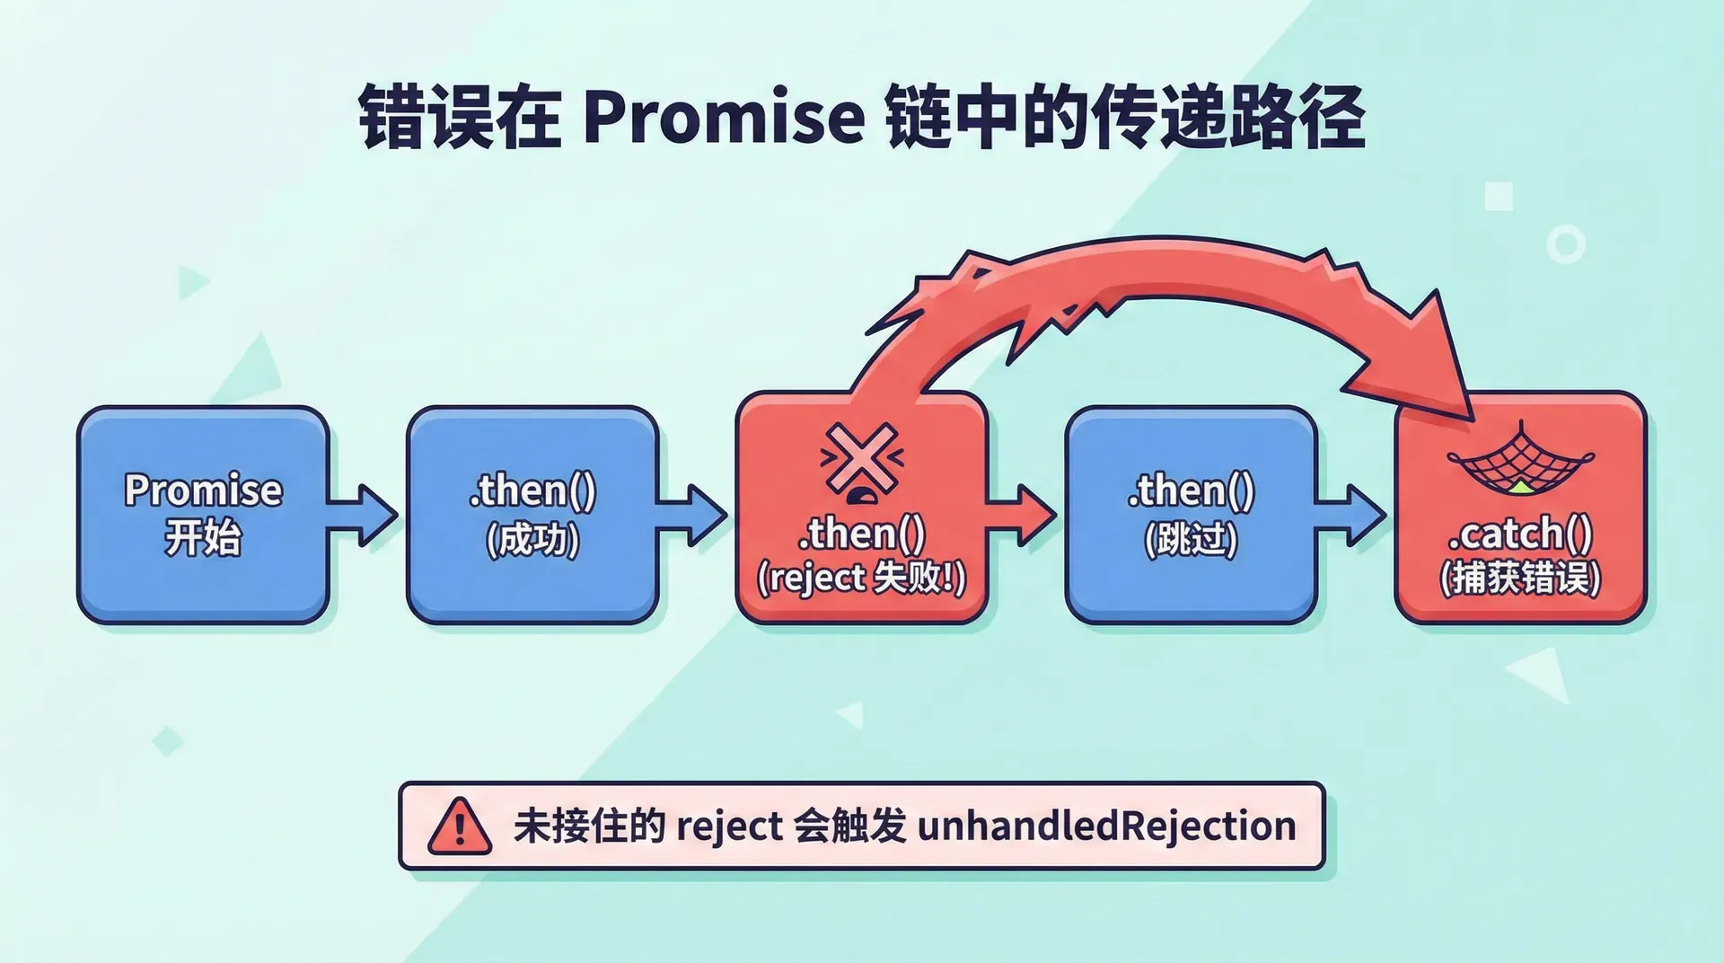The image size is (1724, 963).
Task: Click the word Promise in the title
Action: (724, 118)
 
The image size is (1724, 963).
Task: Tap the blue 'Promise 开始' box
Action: (203, 515)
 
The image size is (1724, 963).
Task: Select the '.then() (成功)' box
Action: (532, 515)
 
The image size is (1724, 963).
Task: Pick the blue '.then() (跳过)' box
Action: (1191, 515)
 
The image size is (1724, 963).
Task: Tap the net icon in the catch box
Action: (1520, 460)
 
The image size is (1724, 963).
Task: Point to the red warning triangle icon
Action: (459, 826)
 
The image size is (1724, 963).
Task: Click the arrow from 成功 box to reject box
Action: (693, 515)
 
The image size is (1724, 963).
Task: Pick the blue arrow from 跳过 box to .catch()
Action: (1352, 515)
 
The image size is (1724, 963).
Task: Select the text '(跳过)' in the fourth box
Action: (1191, 540)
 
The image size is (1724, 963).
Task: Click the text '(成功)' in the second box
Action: (532, 540)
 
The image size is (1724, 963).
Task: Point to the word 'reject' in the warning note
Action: (728, 826)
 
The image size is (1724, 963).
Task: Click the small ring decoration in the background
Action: (1565, 244)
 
